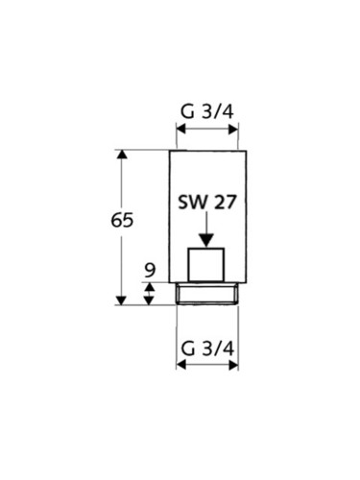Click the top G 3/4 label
point(207,111)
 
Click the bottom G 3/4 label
point(207,348)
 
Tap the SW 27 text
point(207,203)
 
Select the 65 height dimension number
point(122,221)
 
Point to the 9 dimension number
point(150,270)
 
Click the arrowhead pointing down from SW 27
point(206,241)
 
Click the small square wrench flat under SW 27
point(206,265)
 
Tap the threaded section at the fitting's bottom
point(207,294)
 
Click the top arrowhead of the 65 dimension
point(121,155)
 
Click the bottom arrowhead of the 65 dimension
point(121,300)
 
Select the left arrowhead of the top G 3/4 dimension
point(181,130)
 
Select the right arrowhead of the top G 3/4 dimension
point(233,130)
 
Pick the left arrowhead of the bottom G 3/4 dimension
point(181,365)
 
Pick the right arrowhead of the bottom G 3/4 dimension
point(233,365)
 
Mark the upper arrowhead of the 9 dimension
point(149,286)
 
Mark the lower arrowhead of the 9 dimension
point(149,300)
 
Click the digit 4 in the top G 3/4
point(228,112)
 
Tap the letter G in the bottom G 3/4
point(188,348)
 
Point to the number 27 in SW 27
point(225,203)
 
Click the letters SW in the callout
point(193,203)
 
